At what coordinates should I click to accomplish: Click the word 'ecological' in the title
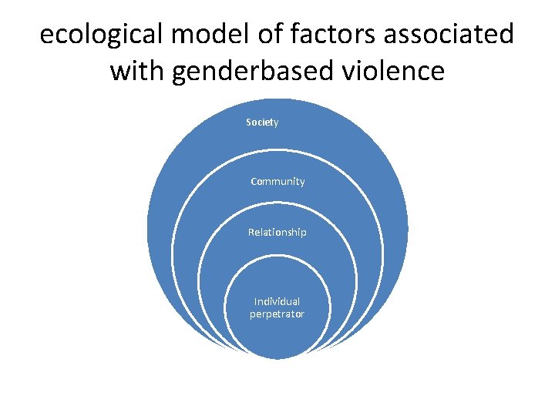click(x=99, y=35)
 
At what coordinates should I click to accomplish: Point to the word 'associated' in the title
click(x=446, y=35)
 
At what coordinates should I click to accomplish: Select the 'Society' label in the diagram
click(x=262, y=122)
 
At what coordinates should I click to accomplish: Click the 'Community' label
click(x=277, y=182)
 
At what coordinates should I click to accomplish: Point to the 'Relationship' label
click(x=277, y=233)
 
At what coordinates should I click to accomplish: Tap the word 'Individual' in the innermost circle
click(x=277, y=301)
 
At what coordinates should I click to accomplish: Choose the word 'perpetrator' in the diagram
click(x=277, y=314)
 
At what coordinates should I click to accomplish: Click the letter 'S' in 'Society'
click(x=248, y=122)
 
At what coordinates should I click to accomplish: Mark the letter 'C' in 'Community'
click(x=254, y=182)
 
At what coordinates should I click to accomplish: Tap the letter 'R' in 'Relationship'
click(x=251, y=233)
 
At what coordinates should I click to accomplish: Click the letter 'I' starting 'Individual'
click(x=256, y=301)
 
